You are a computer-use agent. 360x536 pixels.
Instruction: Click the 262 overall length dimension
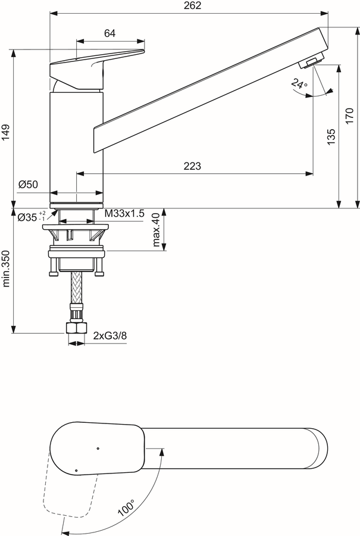click(x=193, y=5)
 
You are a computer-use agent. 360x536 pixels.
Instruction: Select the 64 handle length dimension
click(x=109, y=33)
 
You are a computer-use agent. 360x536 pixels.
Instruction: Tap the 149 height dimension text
click(x=5, y=132)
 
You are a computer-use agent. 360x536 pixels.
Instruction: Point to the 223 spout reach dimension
click(x=192, y=166)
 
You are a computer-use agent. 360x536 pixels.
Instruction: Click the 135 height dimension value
click(x=331, y=137)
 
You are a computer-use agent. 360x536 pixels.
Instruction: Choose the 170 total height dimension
click(x=349, y=116)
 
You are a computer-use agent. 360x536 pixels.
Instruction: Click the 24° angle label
click(x=299, y=84)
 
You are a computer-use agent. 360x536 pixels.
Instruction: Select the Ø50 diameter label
click(x=28, y=185)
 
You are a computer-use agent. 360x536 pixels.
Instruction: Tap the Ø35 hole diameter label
click(x=32, y=216)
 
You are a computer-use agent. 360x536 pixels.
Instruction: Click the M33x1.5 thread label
click(x=124, y=214)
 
